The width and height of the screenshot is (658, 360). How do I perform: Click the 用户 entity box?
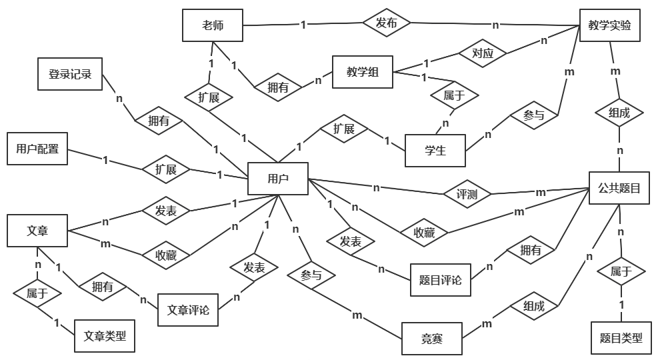click(277, 179)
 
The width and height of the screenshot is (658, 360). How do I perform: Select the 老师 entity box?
click(213, 26)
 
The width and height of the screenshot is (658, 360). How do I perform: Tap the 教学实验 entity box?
click(609, 26)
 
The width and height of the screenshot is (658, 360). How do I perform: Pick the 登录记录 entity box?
click(69, 73)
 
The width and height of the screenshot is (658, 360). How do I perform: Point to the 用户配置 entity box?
click(37, 149)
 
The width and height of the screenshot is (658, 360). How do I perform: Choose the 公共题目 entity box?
click(619, 189)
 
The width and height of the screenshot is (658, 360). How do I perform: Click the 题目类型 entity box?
click(617, 338)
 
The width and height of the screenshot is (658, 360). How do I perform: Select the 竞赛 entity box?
click(432, 339)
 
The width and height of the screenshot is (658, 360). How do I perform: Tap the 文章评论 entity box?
click(188, 310)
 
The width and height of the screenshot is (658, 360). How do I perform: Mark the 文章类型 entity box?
click(105, 336)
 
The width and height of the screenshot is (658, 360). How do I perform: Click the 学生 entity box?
click(435, 151)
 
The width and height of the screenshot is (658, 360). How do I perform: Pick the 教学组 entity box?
click(363, 72)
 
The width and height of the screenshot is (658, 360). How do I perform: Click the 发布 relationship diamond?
click(387, 23)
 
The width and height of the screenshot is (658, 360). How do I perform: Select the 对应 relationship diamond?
click(483, 53)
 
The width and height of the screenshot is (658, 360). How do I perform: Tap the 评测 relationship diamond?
click(467, 194)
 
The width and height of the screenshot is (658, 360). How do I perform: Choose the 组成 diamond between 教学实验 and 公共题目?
click(619, 113)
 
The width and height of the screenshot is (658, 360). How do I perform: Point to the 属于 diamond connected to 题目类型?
click(619, 271)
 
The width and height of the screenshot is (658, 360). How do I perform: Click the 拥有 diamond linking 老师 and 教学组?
click(277, 87)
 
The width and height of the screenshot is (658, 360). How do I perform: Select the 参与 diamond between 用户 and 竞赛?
click(311, 274)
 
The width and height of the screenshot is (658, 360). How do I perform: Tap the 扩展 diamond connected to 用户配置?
click(166, 169)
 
